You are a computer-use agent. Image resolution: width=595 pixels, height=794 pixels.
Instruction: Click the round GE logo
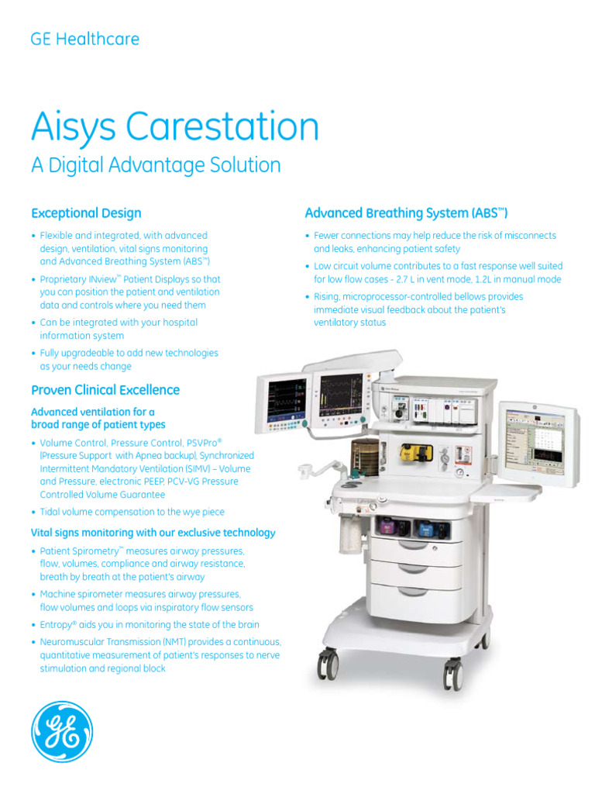62,731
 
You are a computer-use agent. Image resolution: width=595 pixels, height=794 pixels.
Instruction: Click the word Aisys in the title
71,126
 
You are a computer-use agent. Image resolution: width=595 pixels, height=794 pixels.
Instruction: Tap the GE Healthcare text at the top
85,39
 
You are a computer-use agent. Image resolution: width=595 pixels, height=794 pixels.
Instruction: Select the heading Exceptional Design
86,212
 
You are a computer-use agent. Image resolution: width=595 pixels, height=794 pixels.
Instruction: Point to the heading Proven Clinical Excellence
105,389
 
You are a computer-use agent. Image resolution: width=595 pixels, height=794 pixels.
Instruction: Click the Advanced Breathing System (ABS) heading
406,212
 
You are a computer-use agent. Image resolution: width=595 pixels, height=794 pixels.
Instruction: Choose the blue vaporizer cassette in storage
427,530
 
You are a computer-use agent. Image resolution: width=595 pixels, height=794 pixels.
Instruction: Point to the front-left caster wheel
328,664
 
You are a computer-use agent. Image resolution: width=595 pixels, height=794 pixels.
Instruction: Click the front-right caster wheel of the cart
452,674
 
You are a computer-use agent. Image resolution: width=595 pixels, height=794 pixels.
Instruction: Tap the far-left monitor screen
284,397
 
